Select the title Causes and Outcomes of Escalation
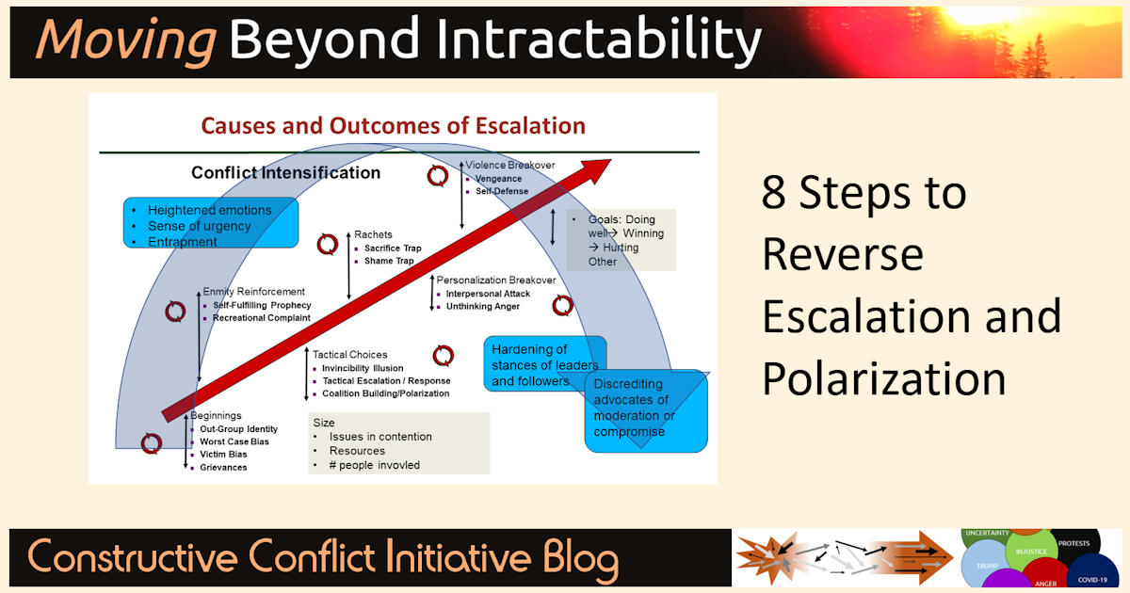coord(394,126)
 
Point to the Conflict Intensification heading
coord(285,173)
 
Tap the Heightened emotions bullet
coord(209,210)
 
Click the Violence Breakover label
coord(509,165)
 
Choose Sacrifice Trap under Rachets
coord(392,248)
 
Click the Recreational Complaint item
coord(261,318)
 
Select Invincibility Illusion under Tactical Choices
coord(363,368)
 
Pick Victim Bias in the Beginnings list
coord(224,455)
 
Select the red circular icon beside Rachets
coord(327,244)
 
